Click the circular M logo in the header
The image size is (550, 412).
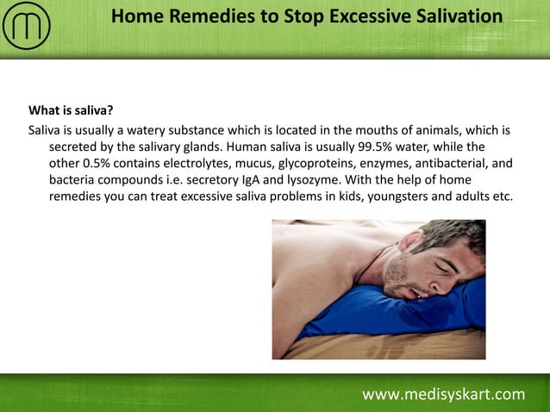coord(27,27)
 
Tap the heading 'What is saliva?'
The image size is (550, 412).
coord(71,111)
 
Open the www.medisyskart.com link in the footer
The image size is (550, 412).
coord(443,395)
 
